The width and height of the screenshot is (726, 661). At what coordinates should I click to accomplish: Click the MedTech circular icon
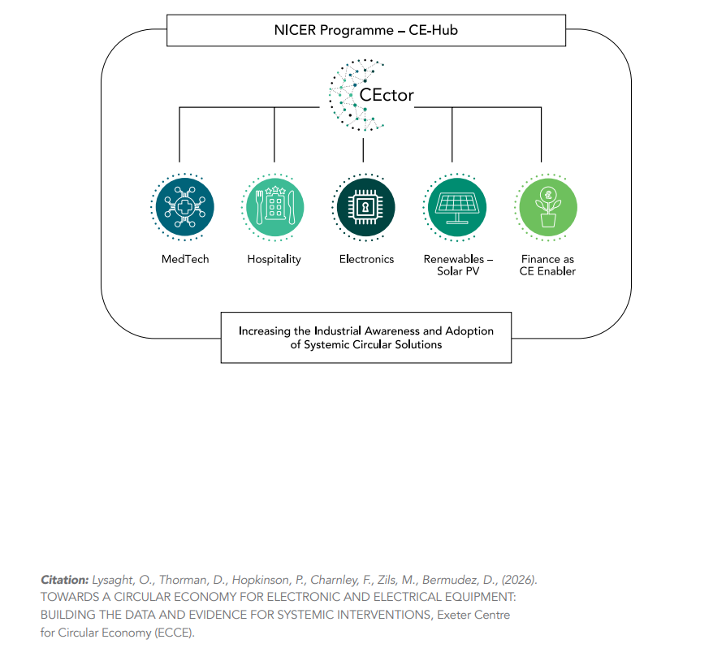coord(184,207)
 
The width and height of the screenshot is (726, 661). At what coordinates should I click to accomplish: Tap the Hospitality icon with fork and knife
coord(274,207)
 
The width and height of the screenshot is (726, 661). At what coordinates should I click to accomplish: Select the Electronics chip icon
coord(365,207)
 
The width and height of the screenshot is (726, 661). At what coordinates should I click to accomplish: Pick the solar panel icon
coord(456,207)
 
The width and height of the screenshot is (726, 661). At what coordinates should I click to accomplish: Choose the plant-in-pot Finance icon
coord(547,207)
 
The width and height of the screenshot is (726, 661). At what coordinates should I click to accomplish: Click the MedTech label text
coord(185,259)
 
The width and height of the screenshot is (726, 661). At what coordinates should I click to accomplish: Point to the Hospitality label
coord(274,260)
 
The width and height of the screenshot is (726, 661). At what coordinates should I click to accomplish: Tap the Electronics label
coord(366,259)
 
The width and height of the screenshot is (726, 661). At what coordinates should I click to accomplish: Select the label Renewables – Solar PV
coord(458,266)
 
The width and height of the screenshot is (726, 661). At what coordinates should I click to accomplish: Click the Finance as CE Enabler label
coord(547,266)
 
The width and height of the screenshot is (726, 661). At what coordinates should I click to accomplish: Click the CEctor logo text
coord(387,95)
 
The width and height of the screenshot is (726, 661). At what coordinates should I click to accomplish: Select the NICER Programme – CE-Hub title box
coord(365,31)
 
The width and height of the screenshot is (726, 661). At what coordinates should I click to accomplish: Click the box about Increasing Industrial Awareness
coord(365,338)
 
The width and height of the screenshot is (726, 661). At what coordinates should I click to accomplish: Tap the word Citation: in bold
coord(64,580)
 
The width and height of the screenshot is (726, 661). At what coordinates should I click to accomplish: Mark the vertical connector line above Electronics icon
coord(364,149)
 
